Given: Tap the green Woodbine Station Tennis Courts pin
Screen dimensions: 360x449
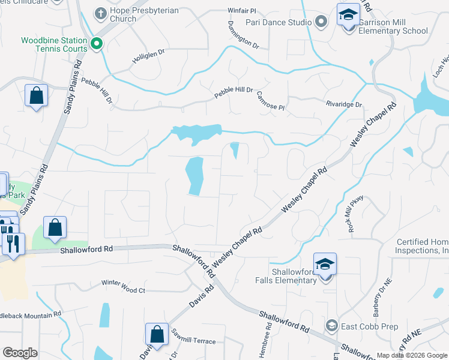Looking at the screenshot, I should (x=96, y=44).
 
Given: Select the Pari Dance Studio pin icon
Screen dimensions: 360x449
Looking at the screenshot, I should (x=321, y=22).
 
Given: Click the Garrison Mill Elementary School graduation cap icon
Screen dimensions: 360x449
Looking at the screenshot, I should (x=348, y=14).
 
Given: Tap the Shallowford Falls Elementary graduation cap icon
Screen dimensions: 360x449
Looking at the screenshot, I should (x=325, y=263).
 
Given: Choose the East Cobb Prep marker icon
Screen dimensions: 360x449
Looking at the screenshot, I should (x=331, y=325).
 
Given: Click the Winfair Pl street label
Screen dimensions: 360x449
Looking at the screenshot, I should (x=243, y=11).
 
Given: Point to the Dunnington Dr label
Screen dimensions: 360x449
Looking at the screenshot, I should (x=243, y=36).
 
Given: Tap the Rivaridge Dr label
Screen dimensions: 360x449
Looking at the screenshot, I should (x=344, y=104).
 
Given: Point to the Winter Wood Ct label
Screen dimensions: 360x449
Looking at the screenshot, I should (x=123, y=290).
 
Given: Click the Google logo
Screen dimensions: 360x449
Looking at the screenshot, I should (x=20, y=353).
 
